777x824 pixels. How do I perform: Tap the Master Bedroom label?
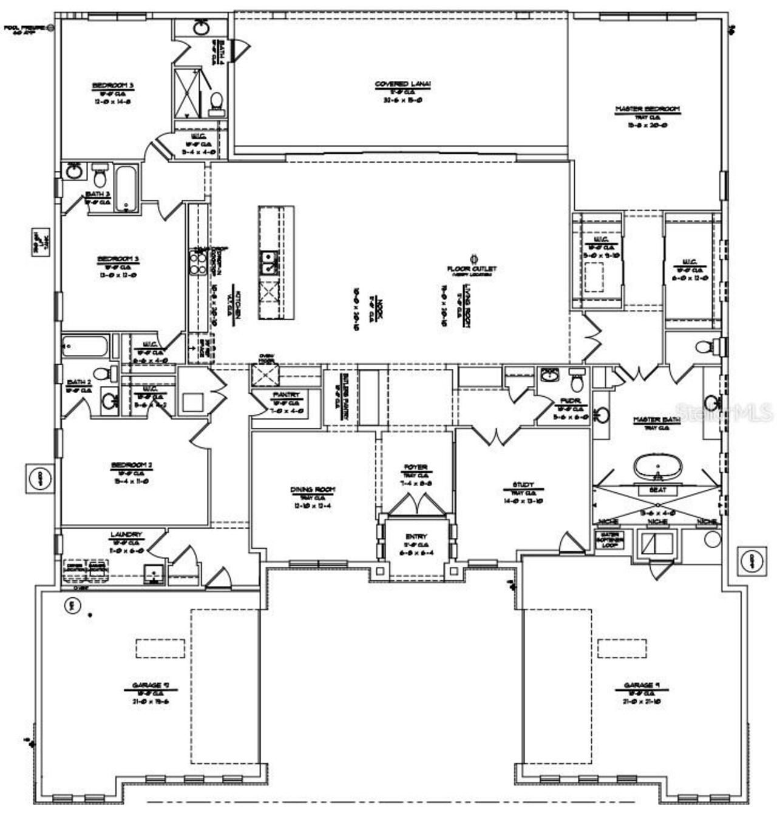point(648,109)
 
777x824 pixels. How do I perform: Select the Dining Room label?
point(313,490)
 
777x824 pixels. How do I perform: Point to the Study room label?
point(523,486)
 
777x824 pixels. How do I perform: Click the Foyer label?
point(416,467)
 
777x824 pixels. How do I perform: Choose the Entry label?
point(416,537)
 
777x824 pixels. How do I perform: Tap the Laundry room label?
point(126,535)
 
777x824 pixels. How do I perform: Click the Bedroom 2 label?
point(131,465)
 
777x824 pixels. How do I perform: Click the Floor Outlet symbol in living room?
point(472,258)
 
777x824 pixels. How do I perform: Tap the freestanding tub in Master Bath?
point(657,468)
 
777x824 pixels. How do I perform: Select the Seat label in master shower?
point(657,490)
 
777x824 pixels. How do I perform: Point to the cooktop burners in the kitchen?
point(198,263)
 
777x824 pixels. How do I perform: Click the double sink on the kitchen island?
point(268,263)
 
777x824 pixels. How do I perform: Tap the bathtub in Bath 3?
point(126,187)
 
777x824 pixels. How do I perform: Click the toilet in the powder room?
point(577,382)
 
